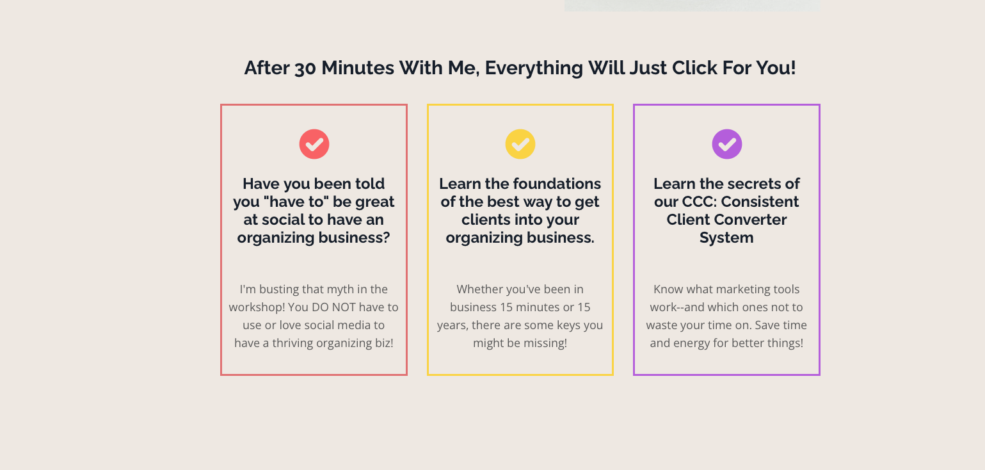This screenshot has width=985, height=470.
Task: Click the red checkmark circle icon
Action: tap(314, 144)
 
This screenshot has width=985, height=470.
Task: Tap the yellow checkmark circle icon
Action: tap(520, 144)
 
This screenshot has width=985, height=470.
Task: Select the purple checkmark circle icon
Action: tap(727, 144)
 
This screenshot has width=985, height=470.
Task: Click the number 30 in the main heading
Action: tap(305, 69)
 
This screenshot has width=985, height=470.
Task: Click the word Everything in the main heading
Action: tap(534, 69)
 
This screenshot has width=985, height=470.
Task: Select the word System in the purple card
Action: tap(726, 238)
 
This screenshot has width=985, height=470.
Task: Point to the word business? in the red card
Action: tap(354, 238)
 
